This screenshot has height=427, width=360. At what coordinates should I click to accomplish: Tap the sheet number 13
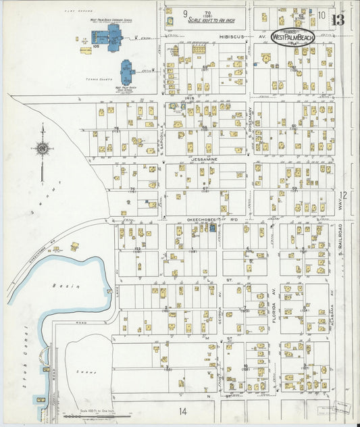(338, 19)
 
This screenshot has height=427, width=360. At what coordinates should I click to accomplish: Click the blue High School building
(126, 72)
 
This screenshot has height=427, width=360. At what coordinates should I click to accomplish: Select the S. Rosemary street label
(249, 122)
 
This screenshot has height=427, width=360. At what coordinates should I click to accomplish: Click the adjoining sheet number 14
(182, 411)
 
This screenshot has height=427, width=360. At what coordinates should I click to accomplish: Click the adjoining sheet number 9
(185, 13)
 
